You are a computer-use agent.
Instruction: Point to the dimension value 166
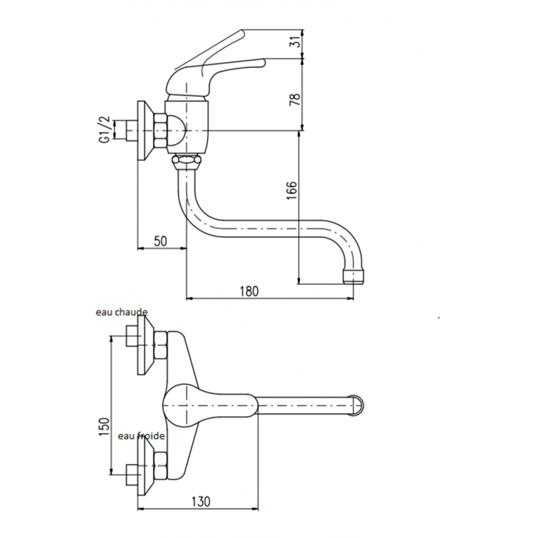(x=291, y=191)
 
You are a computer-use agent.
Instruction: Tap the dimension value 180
(x=249, y=291)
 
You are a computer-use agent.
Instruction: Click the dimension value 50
(x=160, y=241)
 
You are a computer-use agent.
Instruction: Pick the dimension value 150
(x=104, y=426)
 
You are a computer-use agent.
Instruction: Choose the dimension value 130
(x=200, y=501)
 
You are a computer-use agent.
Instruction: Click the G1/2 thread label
(x=105, y=130)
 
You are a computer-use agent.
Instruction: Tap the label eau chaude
(x=122, y=312)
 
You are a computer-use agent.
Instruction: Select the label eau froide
(x=141, y=436)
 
